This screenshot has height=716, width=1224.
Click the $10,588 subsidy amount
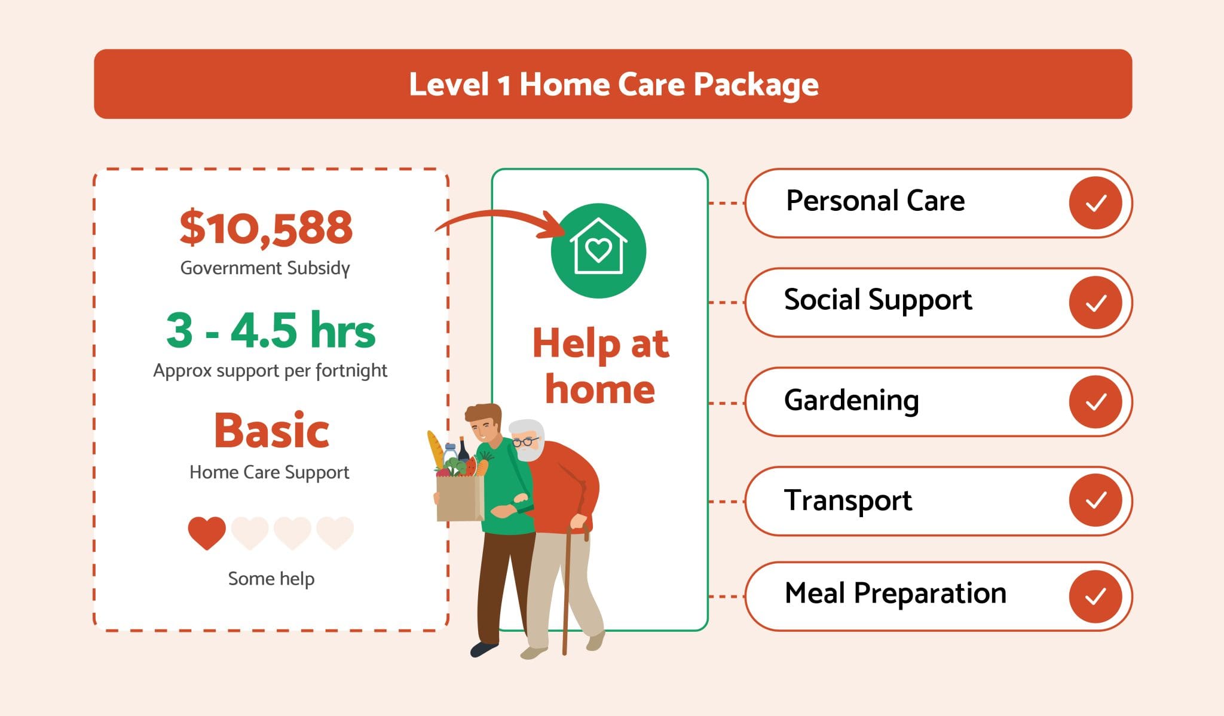[x=266, y=228]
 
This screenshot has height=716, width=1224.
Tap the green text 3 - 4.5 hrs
[x=270, y=330]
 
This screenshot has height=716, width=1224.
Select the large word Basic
[x=271, y=431]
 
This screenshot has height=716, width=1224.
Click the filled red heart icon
[x=207, y=532]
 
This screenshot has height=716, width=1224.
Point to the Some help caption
[x=271, y=578]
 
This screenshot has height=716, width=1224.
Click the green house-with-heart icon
[x=598, y=251]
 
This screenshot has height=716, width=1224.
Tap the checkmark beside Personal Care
[x=1095, y=203]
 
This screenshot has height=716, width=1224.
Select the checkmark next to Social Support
[x=1095, y=303]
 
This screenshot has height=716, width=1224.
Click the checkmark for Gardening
[x=1095, y=402]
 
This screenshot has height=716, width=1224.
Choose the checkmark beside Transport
[x=1095, y=500]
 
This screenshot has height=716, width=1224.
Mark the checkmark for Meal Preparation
[x=1095, y=596]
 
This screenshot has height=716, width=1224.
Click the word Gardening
[x=851, y=401]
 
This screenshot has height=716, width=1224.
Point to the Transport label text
[x=847, y=500]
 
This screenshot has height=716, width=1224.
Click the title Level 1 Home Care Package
[x=613, y=84]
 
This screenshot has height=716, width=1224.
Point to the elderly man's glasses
[x=525, y=442]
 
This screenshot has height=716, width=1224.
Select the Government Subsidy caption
[x=265, y=268]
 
